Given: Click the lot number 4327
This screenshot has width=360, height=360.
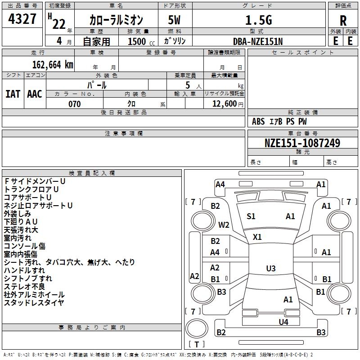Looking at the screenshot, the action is click(22, 19).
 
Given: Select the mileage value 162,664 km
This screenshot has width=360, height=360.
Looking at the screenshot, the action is click(53, 65).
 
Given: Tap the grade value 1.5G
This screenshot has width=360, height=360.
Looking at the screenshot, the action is click(259, 20).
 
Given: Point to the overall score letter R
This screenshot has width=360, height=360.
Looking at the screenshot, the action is click(343, 21).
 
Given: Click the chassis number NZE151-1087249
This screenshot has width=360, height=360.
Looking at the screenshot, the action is click(302, 143).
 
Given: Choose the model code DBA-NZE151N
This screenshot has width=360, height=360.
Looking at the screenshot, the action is click(258, 41).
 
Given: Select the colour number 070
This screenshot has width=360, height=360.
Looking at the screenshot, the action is click(75, 104).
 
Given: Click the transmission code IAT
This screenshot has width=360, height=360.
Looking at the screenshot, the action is click(13, 94).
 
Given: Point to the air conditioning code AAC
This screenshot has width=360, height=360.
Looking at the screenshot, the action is click(35, 94).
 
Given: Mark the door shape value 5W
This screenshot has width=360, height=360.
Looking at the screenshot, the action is click(174, 20).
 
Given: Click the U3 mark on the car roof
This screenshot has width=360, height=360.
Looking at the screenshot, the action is click(271, 268).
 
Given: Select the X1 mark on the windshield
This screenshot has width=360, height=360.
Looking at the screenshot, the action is click(257, 237).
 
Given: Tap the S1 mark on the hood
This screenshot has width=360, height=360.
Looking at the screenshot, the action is click(251, 216).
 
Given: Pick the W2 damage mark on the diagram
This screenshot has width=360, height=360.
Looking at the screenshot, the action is click(224, 225).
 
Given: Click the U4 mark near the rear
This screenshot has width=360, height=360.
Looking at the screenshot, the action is click(283, 322).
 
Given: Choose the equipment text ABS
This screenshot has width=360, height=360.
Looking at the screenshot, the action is click(258, 121).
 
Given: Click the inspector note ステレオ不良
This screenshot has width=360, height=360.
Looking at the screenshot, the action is click(24, 287).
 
